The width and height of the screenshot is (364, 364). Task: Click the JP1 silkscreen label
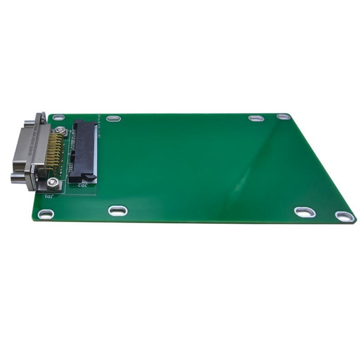tap(49, 196)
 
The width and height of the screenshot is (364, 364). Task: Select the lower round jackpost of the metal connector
tap(17, 179)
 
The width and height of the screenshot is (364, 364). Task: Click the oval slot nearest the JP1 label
tap(46, 213)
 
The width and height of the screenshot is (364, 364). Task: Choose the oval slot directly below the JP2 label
tap(118, 211)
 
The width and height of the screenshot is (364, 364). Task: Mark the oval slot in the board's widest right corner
tap(345, 216)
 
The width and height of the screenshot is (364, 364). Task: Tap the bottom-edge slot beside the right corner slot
tap(305, 212)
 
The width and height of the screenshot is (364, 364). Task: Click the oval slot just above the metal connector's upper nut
tap(58, 118)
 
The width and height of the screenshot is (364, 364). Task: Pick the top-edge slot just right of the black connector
tap(114, 118)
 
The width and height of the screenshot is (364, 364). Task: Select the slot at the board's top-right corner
tap(284, 117)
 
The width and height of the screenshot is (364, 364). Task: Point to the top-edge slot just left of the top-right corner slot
tap(256, 118)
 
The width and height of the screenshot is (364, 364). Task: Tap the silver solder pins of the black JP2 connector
tap(72, 151)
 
